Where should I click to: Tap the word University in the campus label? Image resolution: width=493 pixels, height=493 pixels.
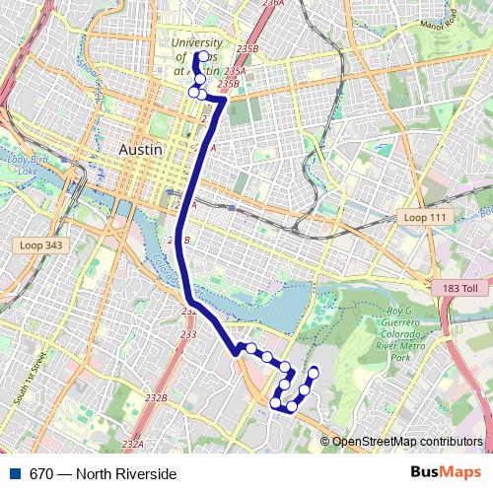(196, 43)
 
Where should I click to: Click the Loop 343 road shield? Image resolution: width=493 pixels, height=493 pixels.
(40, 244)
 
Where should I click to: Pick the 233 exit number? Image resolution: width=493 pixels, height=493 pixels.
(189, 334)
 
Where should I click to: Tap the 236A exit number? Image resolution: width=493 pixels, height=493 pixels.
(273, 5)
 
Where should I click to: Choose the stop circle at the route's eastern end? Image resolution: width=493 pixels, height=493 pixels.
(315, 372)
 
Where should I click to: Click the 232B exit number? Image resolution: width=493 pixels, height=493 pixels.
(156, 398)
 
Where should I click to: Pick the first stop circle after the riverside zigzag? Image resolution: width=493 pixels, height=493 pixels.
(251, 348)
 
